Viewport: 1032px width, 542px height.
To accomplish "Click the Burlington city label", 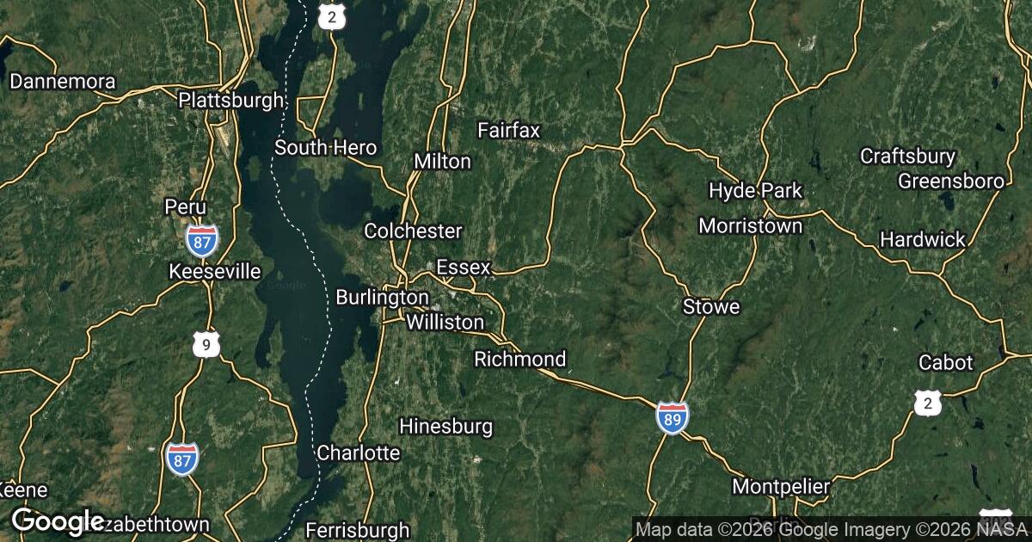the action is pyautogui.click(x=382, y=297).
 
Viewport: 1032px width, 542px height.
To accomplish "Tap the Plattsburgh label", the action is pyautogui.click(x=230, y=100).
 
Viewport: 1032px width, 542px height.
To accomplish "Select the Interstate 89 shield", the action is pyautogui.click(x=672, y=416).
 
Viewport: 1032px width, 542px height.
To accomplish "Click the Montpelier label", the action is pyautogui.click(x=781, y=487).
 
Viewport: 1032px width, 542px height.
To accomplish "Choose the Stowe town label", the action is pyautogui.click(x=711, y=306).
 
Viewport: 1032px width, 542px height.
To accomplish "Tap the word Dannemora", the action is pyautogui.click(x=62, y=82).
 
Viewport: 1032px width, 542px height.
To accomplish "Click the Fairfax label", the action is pyautogui.click(x=509, y=130).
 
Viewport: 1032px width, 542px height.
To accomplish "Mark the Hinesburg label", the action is pyautogui.click(x=446, y=425).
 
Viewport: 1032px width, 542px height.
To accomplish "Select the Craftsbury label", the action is pyautogui.click(x=908, y=156).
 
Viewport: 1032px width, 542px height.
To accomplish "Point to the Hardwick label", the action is pyautogui.click(x=923, y=239).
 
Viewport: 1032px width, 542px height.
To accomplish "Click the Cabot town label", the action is pyautogui.click(x=946, y=362).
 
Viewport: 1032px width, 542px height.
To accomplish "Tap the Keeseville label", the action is pyautogui.click(x=215, y=272).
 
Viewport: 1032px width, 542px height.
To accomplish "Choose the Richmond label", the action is pyautogui.click(x=520, y=359).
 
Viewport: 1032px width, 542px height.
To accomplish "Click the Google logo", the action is pyautogui.click(x=58, y=520).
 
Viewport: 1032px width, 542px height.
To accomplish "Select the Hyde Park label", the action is pyautogui.click(x=756, y=190).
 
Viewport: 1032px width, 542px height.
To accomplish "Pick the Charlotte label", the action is pyautogui.click(x=359, y=453).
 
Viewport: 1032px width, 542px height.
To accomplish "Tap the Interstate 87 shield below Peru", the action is pyautogui.click(x=201, y=240).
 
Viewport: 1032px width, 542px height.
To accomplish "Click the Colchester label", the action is pyautogui.click(x=413, y=231).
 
